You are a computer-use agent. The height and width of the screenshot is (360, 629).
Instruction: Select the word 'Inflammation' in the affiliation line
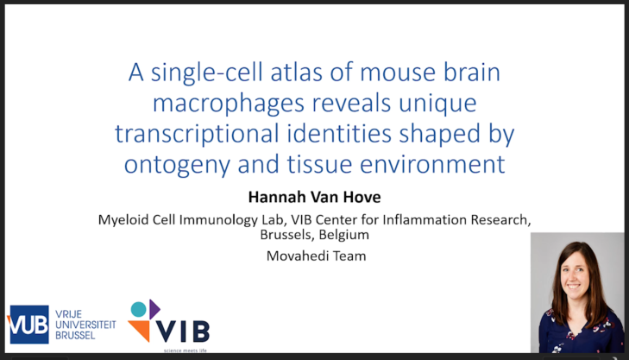coord(412,219)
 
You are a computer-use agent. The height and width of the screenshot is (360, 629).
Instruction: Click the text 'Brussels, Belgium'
coord(314,235)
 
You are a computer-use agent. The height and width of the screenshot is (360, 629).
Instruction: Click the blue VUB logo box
coord(28,324)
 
